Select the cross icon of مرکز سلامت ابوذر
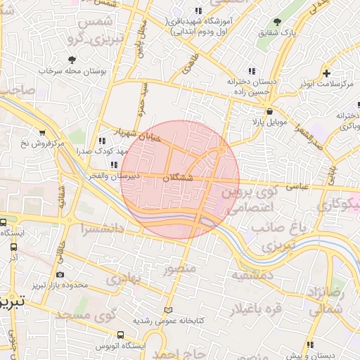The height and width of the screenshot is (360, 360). coord(326,73)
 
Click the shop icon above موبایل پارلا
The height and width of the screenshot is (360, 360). coord(269,111)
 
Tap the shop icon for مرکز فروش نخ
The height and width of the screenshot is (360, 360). coord(42,133)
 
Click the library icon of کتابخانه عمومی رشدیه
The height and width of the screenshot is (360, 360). coord(167,310)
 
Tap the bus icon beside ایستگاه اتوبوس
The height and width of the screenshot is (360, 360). coord(120,335)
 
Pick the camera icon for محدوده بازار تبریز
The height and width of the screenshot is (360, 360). coord(60,275)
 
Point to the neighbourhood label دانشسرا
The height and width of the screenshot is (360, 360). coord(102,229)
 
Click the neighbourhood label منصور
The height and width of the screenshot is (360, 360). coord(176,269)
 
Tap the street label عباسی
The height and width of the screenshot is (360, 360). coord(295,188)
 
